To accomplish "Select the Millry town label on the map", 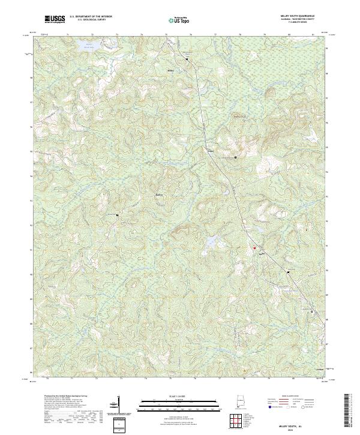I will coord(170,70).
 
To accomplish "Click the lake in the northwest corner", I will coord(90,47).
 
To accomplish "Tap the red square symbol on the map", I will coord(254,247).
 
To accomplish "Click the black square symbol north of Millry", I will coord(187,59).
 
